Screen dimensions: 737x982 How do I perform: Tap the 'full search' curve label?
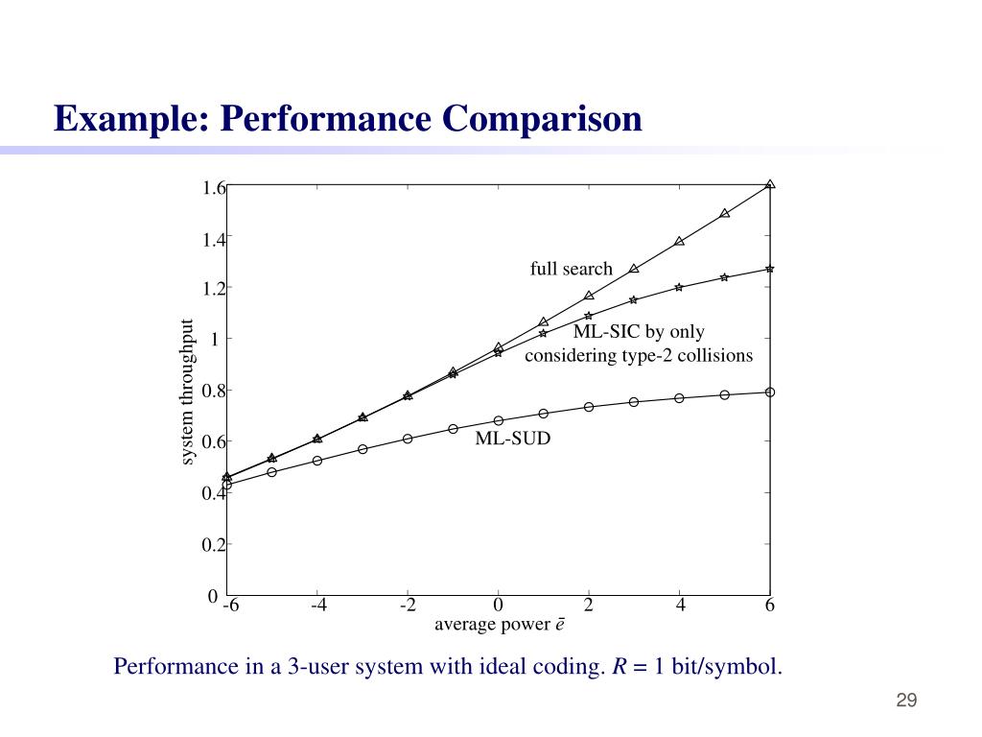[571, 269]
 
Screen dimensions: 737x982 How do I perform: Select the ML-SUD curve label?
[513, 440]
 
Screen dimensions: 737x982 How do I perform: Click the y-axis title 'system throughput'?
[187, 392]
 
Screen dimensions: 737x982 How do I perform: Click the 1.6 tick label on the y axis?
[213, 188]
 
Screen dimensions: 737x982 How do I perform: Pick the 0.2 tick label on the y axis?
[213, 545]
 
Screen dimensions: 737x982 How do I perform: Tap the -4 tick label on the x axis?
[318, 606]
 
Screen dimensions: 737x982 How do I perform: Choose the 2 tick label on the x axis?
[589, 606]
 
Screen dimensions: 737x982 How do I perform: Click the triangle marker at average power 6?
[770, 184]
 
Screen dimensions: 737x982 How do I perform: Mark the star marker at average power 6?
[770, 269]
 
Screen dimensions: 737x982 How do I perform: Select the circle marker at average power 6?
[770, 392]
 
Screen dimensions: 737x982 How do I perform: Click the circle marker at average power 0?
[499, 420]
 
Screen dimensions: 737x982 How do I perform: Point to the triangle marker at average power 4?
[679, 241]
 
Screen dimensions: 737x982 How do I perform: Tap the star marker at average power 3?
[634, 299]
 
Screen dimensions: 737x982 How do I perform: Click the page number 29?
[906, 701]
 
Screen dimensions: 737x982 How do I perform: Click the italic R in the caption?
[620, 666]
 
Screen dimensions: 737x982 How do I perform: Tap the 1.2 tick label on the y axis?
[213, 289]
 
